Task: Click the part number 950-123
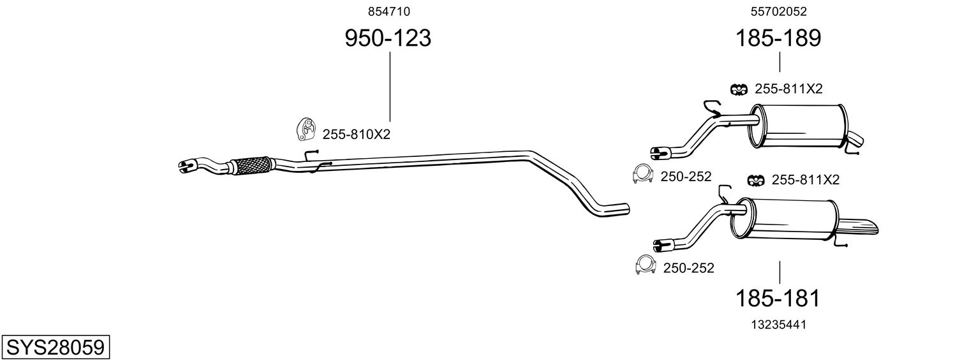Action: tap(388, 39)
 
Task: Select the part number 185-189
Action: tap(778, 39)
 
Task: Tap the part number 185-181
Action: tap(778, 298)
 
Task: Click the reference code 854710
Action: tap(388, 11)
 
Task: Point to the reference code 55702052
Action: tap(778, 11)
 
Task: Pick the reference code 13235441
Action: tap(778, 325)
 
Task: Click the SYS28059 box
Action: tap(55, 348)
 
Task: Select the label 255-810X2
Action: tap(356, 135)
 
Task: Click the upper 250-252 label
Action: tap(686, 177)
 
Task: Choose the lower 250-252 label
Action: tap(688, 268)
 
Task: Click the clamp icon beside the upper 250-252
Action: tap(642, 173)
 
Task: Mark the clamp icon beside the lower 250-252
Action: tap(646, 265)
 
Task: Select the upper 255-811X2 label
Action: tap(788, 89)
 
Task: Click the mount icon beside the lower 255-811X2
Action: tap(755, 181)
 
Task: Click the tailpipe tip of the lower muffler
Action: tap(865, 226)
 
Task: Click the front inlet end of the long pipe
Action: tap(186, 166)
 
